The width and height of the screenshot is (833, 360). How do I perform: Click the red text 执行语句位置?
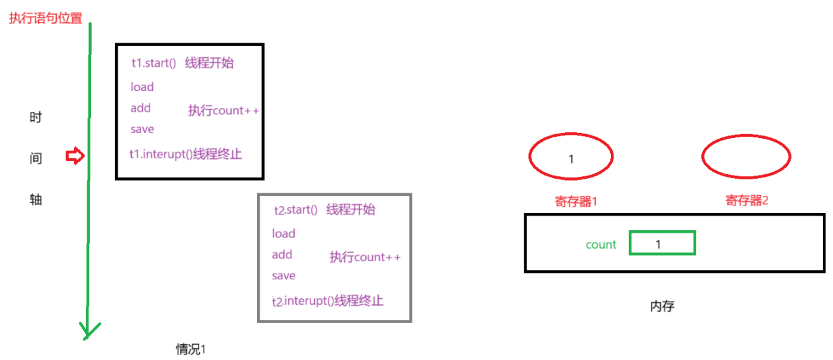click(45, 18)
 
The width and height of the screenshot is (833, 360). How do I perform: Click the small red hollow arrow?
click(75, 156)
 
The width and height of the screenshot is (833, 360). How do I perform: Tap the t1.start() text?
click(153, 63)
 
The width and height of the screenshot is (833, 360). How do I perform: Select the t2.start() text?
click(295, 210)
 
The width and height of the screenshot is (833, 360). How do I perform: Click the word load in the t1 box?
click(142, 87)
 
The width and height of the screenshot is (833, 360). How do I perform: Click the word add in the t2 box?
click(282, 254)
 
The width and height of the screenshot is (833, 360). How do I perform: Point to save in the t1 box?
click(142, 129)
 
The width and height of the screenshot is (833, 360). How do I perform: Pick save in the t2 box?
click(283, 275)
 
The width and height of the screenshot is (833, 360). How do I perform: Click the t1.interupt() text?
click(161, 154)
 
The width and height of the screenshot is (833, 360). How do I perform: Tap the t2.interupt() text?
click(302, 301)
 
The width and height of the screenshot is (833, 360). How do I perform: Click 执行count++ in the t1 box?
click(223, 111)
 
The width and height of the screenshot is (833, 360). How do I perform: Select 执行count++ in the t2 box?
click(365, 257)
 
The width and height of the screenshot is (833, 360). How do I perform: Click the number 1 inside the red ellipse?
click(571, 159)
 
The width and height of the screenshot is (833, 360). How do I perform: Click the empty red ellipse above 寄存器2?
click(746, 156)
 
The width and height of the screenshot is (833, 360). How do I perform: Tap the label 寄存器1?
click(576, 201)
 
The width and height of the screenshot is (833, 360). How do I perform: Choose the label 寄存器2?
click(746, 201)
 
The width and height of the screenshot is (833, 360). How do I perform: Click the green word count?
click(601, 244)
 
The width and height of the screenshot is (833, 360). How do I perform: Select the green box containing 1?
click(662, 244)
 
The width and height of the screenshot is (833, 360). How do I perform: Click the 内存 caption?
click(662, 307)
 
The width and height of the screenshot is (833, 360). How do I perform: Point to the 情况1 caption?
click(192, 349)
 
